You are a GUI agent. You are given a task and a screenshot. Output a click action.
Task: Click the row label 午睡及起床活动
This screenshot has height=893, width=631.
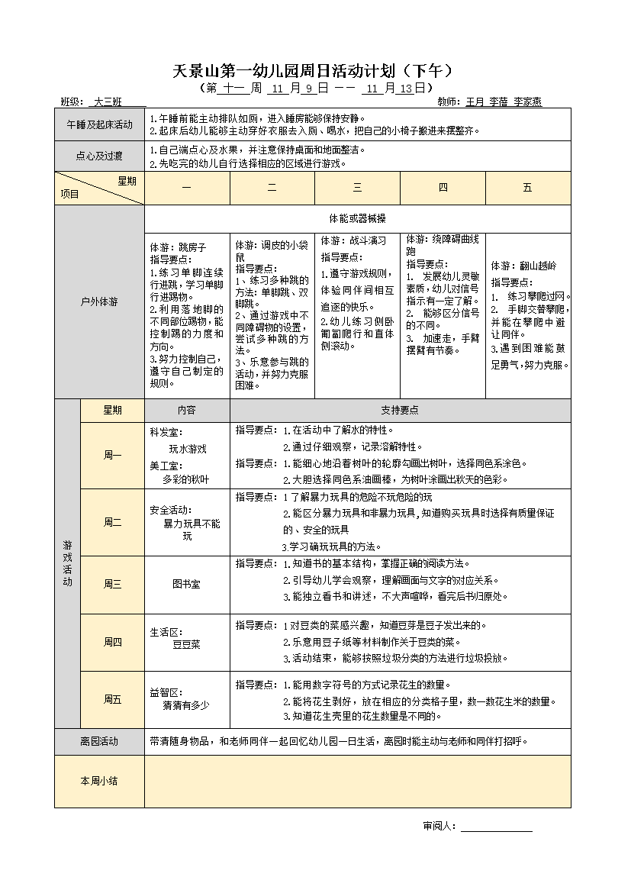pos(99,124)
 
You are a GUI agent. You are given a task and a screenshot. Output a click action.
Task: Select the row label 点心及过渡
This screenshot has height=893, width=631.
pos(99,156)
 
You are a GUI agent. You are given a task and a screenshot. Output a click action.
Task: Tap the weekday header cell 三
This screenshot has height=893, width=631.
pos(357,188)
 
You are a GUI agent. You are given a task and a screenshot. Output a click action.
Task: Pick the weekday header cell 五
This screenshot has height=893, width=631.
pos(527,188)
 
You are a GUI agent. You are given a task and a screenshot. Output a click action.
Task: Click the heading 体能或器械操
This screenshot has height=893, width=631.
pos(357,218)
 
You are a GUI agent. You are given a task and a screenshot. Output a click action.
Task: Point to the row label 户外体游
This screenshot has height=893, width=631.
pos(99,301)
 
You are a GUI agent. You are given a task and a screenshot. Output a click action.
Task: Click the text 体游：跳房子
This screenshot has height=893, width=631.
pos(178,247)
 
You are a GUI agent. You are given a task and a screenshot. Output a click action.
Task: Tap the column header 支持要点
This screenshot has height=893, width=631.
pos(400,410)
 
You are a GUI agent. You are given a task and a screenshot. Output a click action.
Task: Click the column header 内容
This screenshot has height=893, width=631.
pos(186,410)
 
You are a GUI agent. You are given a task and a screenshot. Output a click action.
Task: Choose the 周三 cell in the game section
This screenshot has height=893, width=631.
pos(112,584)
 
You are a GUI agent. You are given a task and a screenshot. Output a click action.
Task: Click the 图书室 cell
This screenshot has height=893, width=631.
pos(186,584)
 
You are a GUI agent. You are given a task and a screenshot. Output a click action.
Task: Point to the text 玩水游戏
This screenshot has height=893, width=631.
pos(188,449)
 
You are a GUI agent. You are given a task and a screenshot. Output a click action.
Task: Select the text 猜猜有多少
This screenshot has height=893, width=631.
pos(186,705)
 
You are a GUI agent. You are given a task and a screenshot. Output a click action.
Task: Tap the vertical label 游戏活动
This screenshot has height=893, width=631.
pos(67,563)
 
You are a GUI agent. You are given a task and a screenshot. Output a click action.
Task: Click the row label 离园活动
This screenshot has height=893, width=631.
pos(99,740)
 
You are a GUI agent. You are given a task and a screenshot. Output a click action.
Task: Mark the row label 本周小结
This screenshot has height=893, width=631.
pos(99,781)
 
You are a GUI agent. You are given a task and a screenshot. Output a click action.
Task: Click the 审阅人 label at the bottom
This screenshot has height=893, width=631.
pos(439,826)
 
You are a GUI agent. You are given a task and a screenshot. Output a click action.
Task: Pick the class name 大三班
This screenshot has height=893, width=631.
pos(108,102)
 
